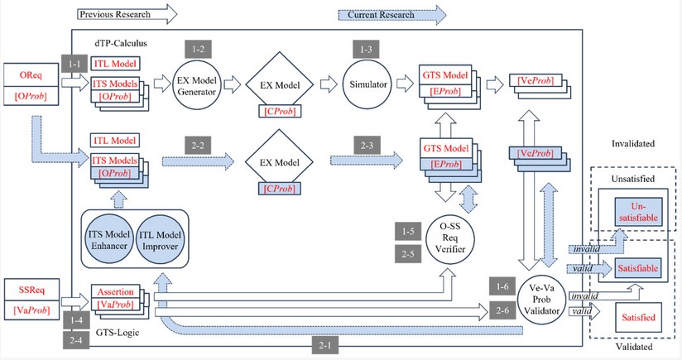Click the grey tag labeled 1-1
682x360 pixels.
(71, 63)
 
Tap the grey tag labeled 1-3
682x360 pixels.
(364, 49)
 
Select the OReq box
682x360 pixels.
(26, 74)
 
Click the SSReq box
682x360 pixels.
(26, 290)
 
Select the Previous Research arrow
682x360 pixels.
(126, 14)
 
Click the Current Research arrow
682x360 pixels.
(391, 14)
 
